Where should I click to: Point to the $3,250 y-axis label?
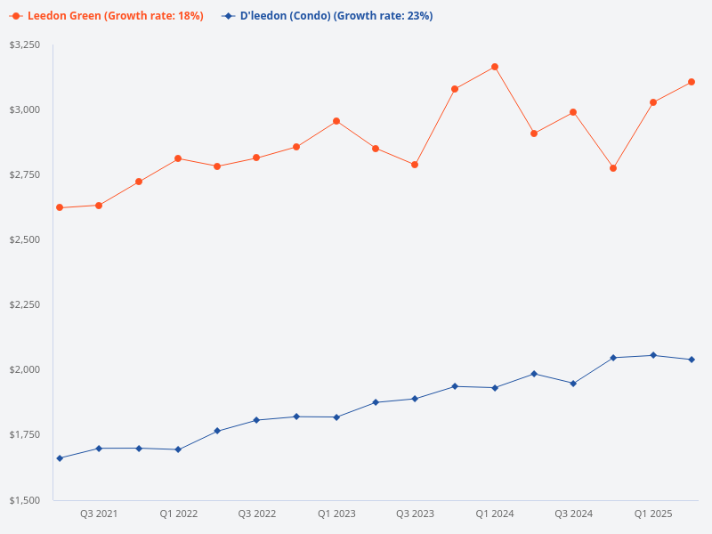(x=24, y=44)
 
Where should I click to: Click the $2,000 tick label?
(x=24, y=369)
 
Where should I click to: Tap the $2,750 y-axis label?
(x=24, y=174)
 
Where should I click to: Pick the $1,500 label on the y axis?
(x=24, y=500)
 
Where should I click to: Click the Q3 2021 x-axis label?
(x=99, y=514)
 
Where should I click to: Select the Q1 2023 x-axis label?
(x=336, y=514)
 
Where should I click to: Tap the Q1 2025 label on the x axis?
(x=653, y=514)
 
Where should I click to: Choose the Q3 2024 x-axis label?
(x=574, y=514)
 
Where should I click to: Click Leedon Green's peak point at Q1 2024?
(x=495, y=67)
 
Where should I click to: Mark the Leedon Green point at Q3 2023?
(x=415, y=165)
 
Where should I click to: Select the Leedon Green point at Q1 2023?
(x=336, y=121)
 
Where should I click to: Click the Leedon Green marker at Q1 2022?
(x=178, y=158)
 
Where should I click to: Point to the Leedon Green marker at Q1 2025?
(x=653, y=102)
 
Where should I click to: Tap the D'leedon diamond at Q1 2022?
(x=178, y=449)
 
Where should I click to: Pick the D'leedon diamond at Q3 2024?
(x=573, y=384)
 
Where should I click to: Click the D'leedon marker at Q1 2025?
(x=653, y=355)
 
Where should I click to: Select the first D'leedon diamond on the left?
(x=60, y=458)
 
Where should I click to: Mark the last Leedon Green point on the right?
(x=692, y=82)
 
